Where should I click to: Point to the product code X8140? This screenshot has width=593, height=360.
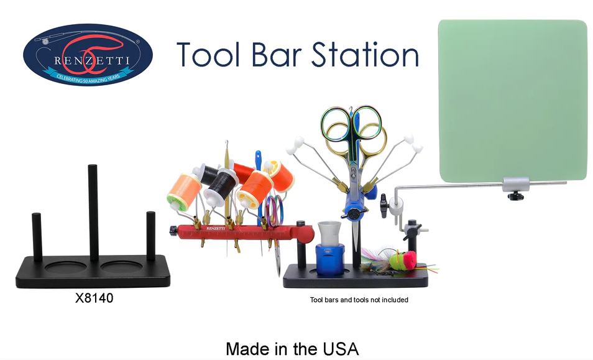tap(94, 298)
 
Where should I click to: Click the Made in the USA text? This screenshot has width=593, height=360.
tap(292, 348)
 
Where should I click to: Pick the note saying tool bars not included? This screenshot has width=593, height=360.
tap(359, 300)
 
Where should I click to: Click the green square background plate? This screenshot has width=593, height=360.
tap(513, 99)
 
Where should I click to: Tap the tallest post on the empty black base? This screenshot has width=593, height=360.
tap(93, 211)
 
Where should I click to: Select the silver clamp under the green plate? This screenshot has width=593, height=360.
tap(515, 183)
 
